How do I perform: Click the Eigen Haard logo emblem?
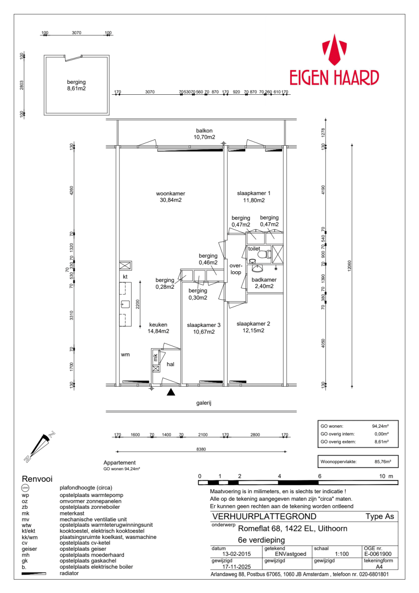[334, 50]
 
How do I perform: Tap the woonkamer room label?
[171, 197]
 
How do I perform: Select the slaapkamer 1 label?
[253, 197]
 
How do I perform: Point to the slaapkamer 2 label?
[253, 327]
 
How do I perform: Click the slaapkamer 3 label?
[204, 328]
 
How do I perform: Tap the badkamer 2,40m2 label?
[264, 283]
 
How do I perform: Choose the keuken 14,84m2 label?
[158, 328]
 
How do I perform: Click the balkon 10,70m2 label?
[204, 134]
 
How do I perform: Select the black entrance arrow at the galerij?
[171, 392]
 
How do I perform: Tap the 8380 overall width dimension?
[201, 449]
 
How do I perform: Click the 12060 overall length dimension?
[349, 266]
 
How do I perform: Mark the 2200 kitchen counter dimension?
[137, 304]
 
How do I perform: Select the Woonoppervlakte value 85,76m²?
[383, 461]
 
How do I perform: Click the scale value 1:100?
[341, 554]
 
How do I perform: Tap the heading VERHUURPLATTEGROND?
[264, 516]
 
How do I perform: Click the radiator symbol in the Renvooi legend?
[34, 573]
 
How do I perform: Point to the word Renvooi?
[37, 479]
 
